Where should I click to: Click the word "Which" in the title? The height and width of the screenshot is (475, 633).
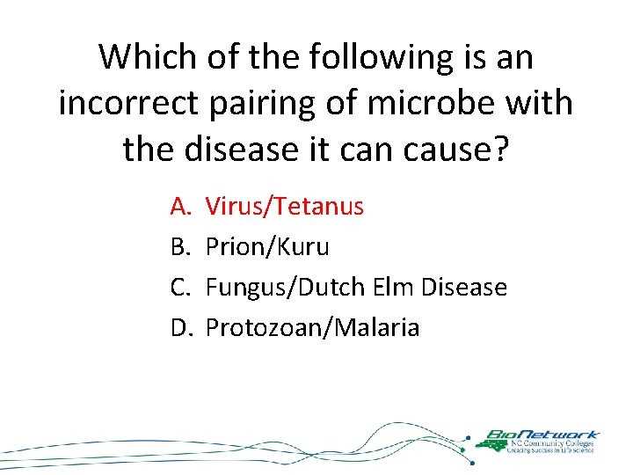(148, 58)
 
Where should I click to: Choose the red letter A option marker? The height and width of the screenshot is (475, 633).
(180, 207)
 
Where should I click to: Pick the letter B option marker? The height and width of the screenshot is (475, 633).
(180, 247)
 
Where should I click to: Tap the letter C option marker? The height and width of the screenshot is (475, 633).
(180, 288)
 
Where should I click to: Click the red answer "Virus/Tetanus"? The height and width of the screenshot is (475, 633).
(284, 207)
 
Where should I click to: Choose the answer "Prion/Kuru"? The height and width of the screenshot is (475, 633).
(267, 247)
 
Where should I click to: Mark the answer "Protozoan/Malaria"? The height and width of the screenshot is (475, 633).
(312, 328)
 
